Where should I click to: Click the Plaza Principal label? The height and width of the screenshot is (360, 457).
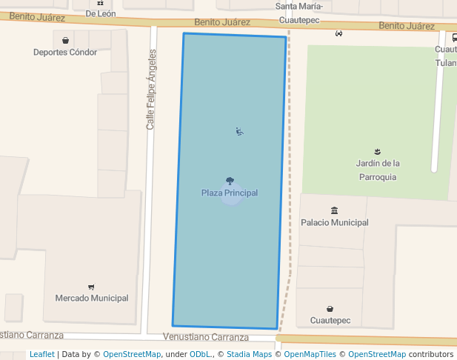pyautogui.click(x=230, y=193)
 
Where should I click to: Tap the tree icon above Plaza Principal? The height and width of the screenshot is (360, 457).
pyautogui.click(x=230, y=181)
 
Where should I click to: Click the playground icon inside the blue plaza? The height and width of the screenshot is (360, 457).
pyautogui.click(x=239, y=132)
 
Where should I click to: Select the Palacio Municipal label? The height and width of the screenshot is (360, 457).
pyautogui.click(x=334, y=222)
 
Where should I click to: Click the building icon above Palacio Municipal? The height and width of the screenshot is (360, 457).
pyautogui.click(x=335, y=210)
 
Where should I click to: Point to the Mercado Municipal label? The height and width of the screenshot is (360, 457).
pyautogui.click(x=92, y=299)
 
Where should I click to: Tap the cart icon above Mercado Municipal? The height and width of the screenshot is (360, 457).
pyautogui.click(x=91, y=287)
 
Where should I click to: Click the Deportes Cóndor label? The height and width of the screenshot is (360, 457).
pyautogui.click(x=65, y=53)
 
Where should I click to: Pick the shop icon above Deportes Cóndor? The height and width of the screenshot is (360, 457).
pyautogui.click(x=66, y=41)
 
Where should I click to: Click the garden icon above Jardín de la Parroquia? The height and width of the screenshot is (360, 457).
pyautogui.click(x=378, y=151)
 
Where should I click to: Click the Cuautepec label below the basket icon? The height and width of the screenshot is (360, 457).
pyautogui.click(x=330, y=321)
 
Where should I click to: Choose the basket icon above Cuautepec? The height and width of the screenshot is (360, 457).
pyautogui.click(x=330, y=309)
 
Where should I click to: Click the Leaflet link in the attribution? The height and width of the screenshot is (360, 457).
pyautogui.click(x=42, y=354)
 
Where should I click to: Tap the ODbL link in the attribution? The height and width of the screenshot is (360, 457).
pyautogui.click(x=201, y=354)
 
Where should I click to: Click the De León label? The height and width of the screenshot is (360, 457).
pyautogui.click(x=100, y=13)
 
